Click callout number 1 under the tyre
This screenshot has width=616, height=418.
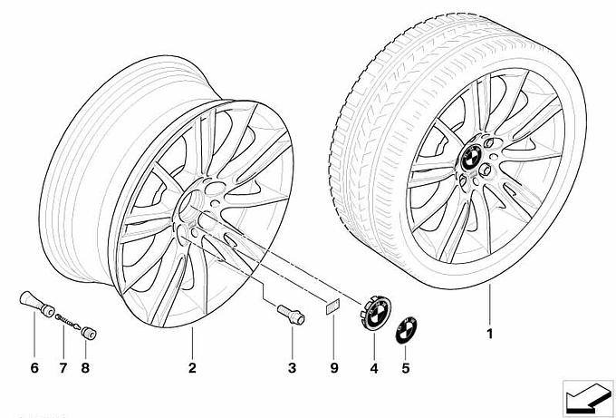(489, 334)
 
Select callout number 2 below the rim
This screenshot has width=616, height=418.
(192, 368)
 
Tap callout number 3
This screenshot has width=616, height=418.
(292, 368)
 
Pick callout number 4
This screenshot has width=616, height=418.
(373, 368)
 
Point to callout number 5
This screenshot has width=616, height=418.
(406, 368)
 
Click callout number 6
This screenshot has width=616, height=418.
(34, 368)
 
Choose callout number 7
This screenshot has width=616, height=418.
(63, 368)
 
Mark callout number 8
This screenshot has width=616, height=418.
(85, 368)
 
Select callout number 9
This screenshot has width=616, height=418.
(334, 368)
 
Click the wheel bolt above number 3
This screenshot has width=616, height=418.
(291, 315)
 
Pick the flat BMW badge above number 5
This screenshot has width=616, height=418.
(406, 330)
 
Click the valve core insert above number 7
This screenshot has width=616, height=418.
(68, 322)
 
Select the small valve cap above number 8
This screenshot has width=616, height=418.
(89, 334)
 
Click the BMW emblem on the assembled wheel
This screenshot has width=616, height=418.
(471, 157)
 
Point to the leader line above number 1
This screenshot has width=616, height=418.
(490, 305)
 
